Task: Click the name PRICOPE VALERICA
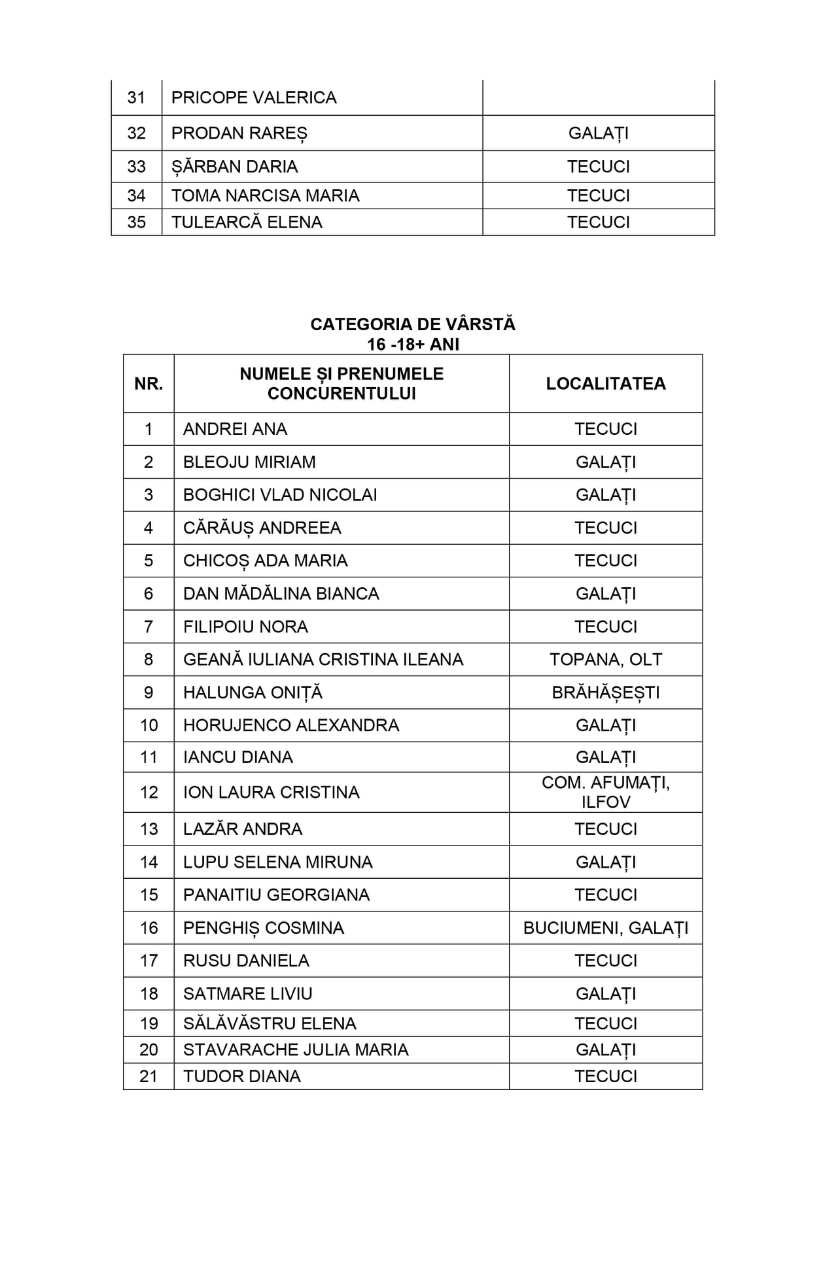coord(254,97)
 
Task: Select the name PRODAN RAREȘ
coord(239,133)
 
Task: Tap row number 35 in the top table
coord(136,222)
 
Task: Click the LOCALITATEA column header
coord(606,384)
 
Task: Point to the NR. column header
coord(149,384)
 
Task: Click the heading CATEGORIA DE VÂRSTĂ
coord(413,324)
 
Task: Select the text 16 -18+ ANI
coord(413,345)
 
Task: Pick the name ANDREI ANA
coord(235,429)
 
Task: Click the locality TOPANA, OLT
coord(606,660)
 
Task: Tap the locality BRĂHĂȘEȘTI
coord(606,692)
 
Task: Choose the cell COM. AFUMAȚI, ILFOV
coord(606,793)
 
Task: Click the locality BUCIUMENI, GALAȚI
coord(606,928)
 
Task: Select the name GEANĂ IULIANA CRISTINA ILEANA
coord(323,660)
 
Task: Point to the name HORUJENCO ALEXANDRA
coord(291,725)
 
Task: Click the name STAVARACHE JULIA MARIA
coord(296,1049)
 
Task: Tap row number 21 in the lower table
coord(149,1076)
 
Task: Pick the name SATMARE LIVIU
coord(248,994)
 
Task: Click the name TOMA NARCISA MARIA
coord(265,196)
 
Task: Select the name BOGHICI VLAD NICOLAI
coord(280,495)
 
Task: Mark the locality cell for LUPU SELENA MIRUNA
coord(606,862)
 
